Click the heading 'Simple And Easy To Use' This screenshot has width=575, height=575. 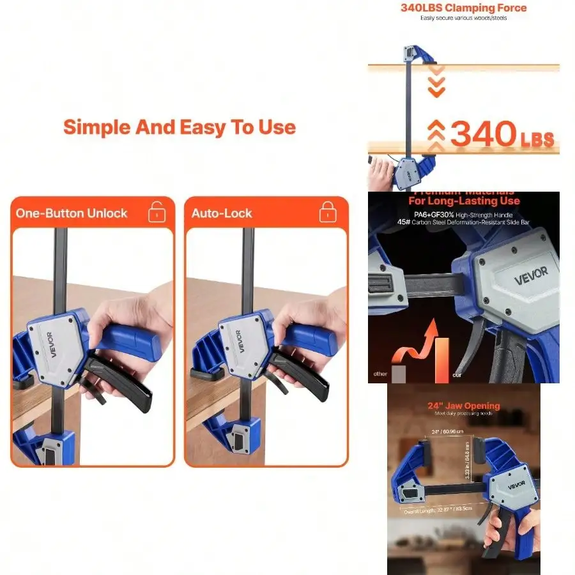click(x=180, y=127)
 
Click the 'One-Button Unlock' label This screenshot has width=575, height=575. click(x=72, y=213)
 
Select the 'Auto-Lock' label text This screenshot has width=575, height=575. click(x=222, y=213)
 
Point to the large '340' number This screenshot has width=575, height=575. click(x=483, y=134)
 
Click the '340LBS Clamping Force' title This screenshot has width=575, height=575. click(x=463, y=8)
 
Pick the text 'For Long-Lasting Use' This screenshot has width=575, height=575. click(x=464, y=201)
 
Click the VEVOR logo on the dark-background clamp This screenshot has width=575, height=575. click(x=532, y=273)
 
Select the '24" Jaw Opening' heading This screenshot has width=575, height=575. click(x=464, y=406)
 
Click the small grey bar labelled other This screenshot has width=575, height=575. click(x=399, y=373)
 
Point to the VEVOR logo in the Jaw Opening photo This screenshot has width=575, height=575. click(x=516, y=484)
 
